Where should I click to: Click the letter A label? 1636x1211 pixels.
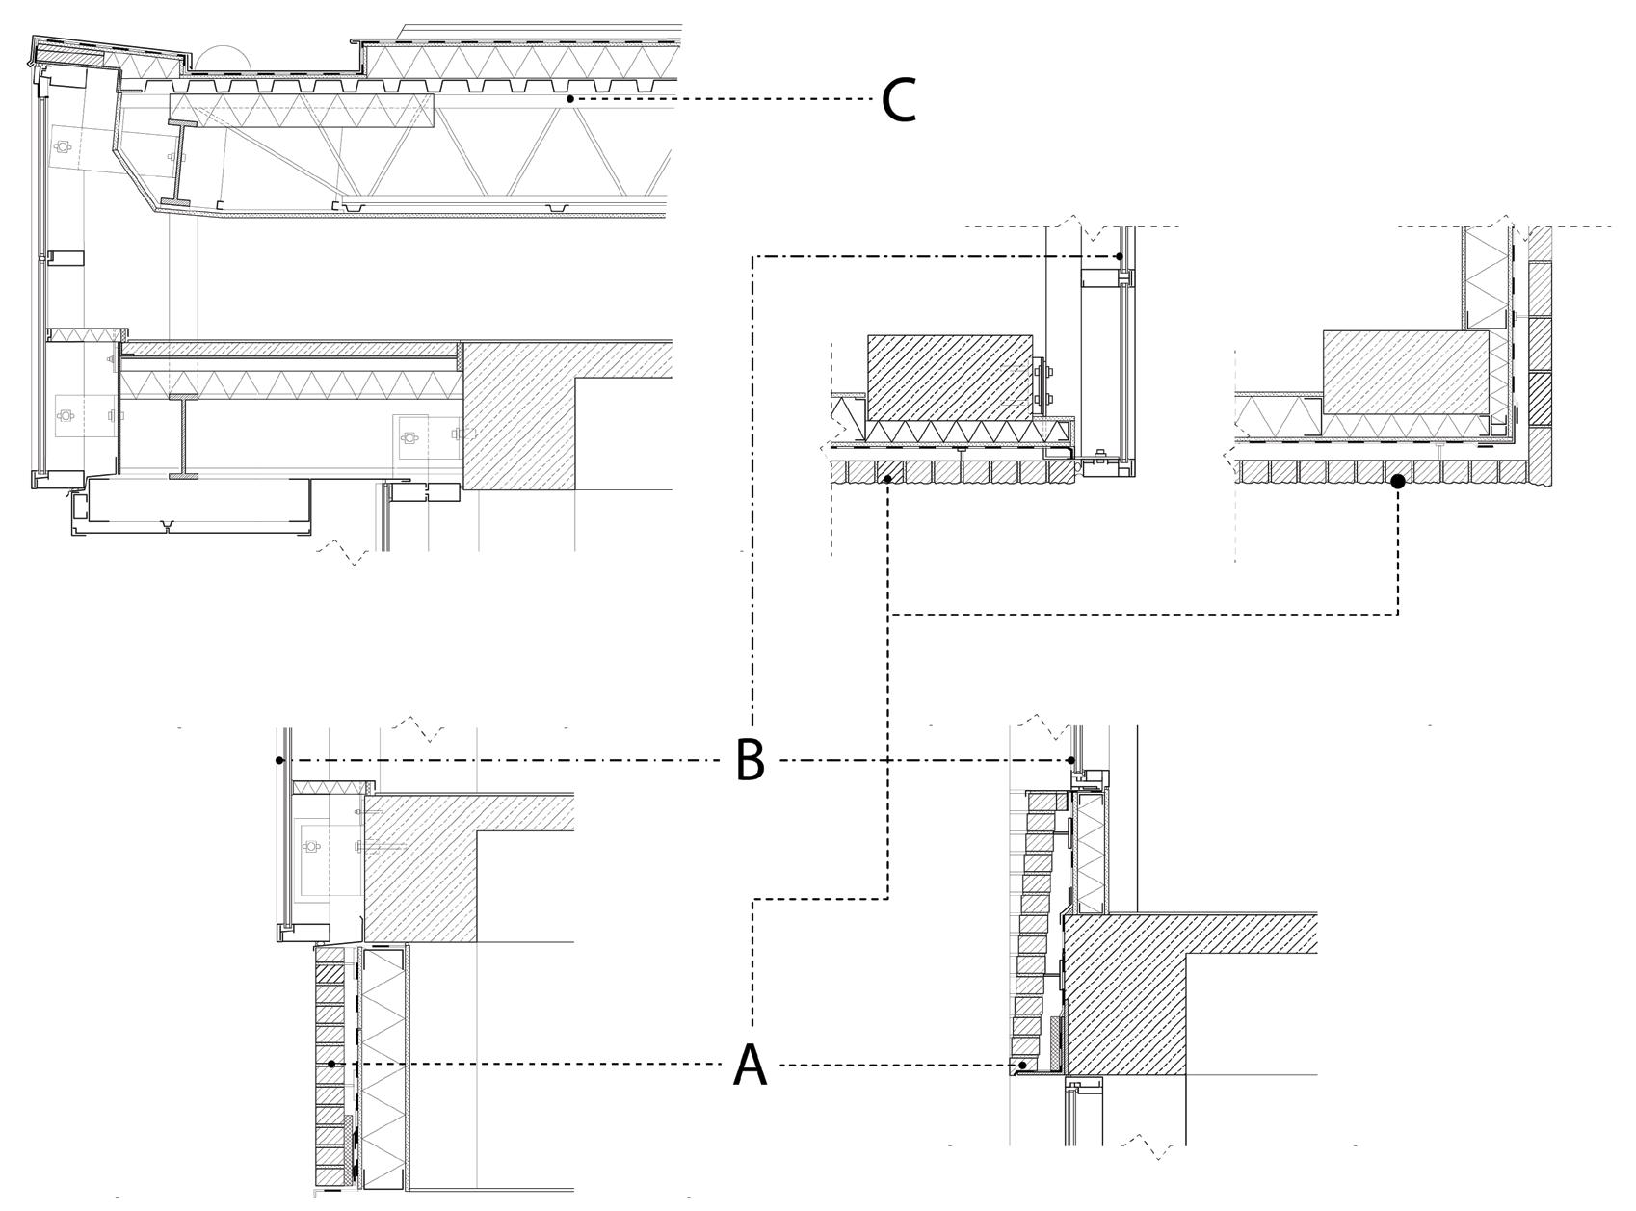[x=751, y=1066]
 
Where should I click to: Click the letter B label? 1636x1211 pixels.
[x=751, y=760]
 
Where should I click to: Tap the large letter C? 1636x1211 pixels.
[x=898, y=99]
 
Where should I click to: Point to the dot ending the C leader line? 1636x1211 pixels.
[x=570, y=98]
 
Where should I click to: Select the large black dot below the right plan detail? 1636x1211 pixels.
[x=1398, y=481]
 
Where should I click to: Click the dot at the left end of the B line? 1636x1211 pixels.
[x=279, y=760]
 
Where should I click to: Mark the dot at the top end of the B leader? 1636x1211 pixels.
[x=1119, y=256]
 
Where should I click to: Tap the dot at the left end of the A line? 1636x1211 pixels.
[x=331, y=1064]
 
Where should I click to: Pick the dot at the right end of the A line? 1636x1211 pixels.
[x=1022, y=1065]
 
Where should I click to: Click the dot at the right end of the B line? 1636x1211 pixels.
[x=1072, y=760]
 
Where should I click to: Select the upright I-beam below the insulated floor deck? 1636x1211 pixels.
[x=182, y=435]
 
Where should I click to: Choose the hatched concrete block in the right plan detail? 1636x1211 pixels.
[x=1404, y=372]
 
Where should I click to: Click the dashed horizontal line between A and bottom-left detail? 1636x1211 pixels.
[x=530, y=1064]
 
